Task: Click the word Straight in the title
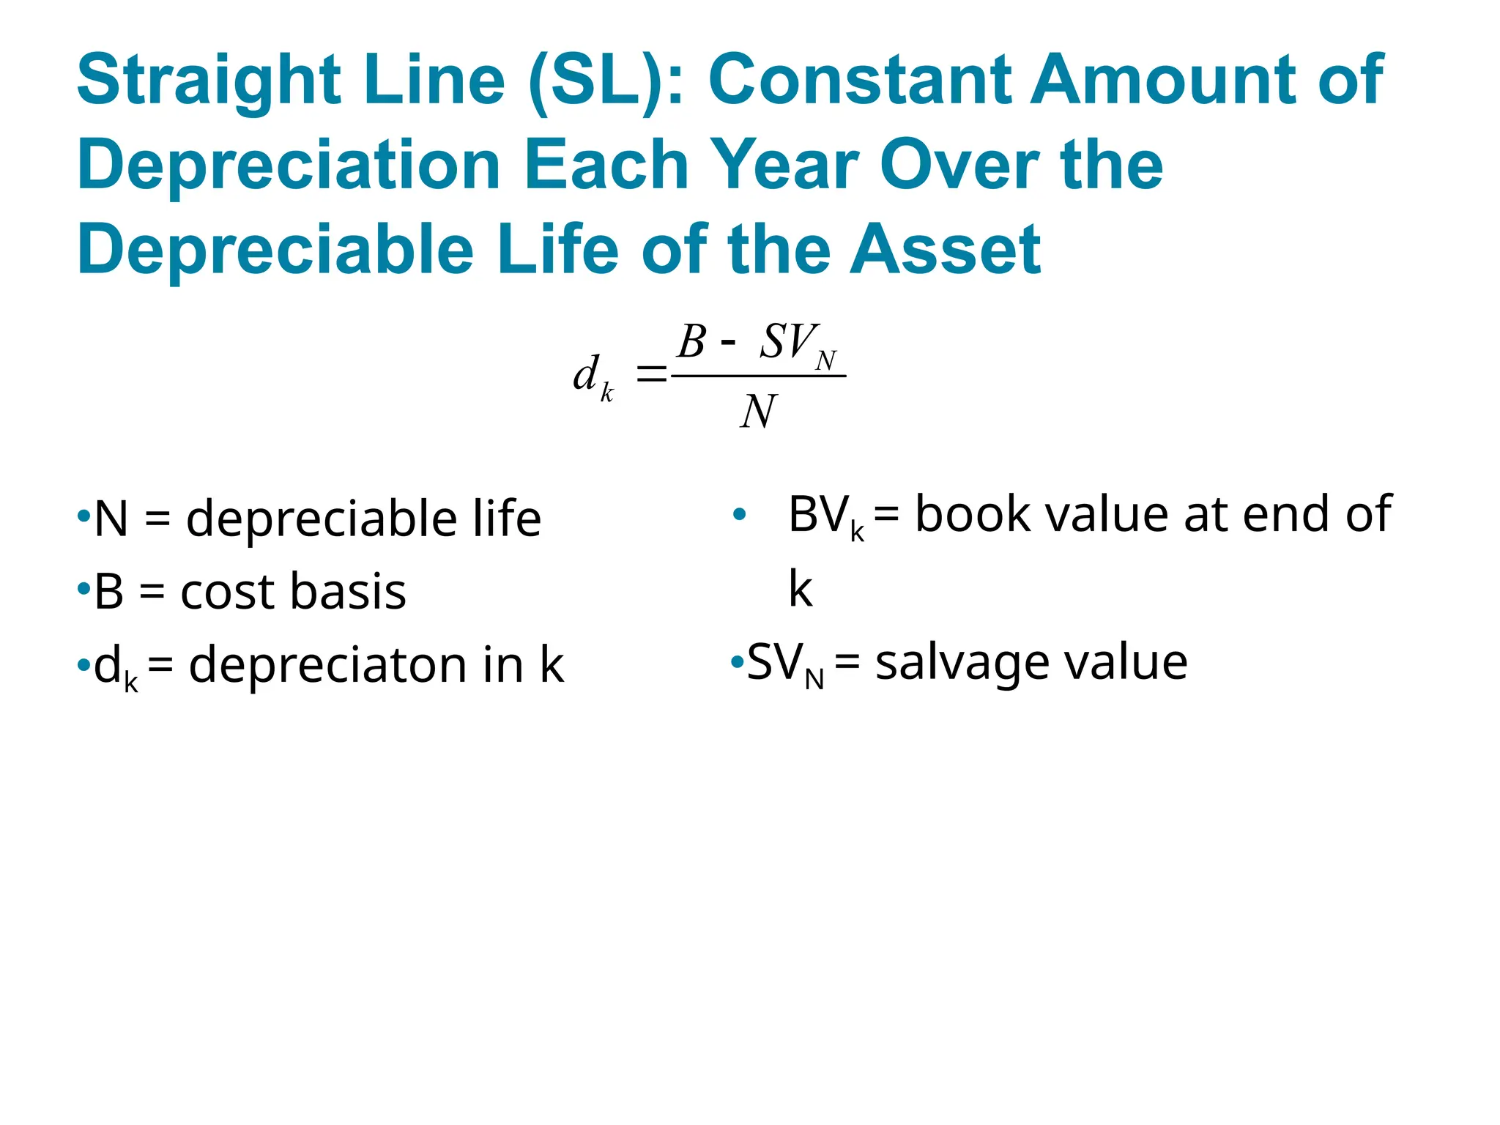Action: (209, 81)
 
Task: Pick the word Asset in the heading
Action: (945, 250)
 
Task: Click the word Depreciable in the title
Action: (275, 250)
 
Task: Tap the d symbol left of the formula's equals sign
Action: (587, 374)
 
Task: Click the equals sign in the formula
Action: (651, 375)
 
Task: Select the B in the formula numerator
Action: (691, 341)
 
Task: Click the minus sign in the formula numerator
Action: (728, 343)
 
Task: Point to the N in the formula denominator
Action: (758, 412)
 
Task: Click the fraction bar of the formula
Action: (758, 376)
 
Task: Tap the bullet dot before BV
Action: (739, 515)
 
